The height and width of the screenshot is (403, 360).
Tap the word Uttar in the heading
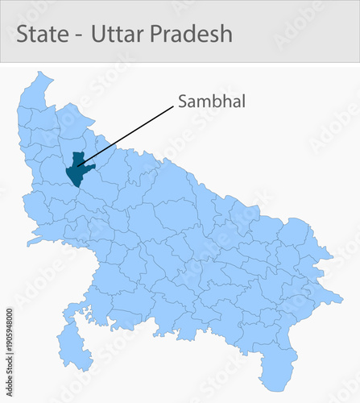pos(117,34)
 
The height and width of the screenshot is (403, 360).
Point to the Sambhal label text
pos(211,102)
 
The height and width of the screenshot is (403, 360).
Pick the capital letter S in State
pos(23,34)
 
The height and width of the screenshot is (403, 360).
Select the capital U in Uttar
pos(98,34)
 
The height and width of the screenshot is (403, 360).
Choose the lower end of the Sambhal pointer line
pos(78,166)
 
